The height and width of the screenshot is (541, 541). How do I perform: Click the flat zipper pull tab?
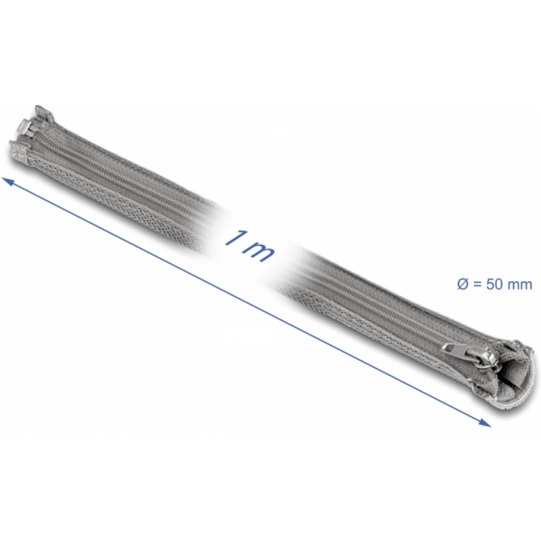[455, 348]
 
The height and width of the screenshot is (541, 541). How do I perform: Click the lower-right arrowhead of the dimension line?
[484, 423]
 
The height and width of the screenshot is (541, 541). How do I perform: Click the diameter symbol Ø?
[463, 285]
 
